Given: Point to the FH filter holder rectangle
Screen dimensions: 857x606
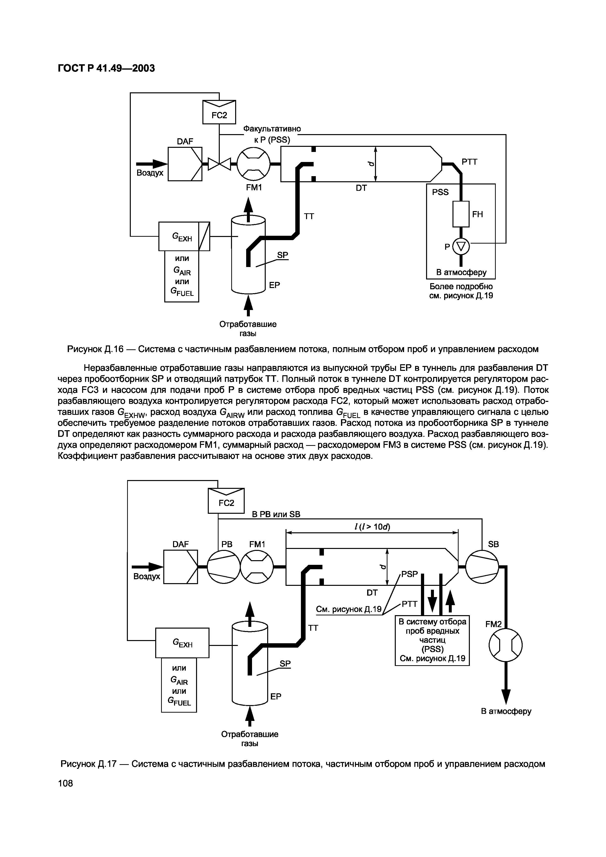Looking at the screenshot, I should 461,214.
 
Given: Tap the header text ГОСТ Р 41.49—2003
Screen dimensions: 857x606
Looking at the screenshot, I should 106,68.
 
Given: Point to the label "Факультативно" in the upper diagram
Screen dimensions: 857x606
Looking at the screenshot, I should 272,129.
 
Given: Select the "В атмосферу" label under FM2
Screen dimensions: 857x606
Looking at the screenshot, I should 506,711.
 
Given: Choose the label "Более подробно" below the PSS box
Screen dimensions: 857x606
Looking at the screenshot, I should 461,287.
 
